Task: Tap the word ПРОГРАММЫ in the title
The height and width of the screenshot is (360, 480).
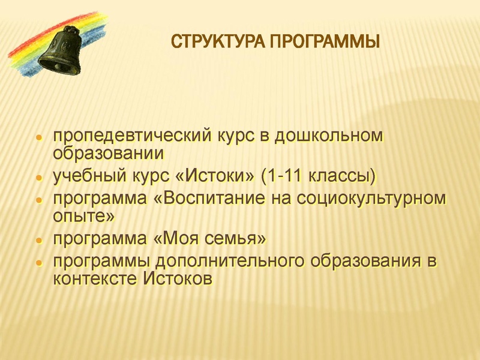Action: pyautogui.click(x=325, y=43)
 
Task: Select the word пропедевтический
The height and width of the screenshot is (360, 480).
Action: pyautogui.click(x=131, y=136)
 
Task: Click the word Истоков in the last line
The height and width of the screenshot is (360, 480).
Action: pyautogui.click(x=178, y=279)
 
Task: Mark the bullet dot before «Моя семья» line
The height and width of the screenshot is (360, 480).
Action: pyautogui.click(x=38, y=241)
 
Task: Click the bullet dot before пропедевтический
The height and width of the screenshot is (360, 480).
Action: pyautogui.click(x=38, y=137)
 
